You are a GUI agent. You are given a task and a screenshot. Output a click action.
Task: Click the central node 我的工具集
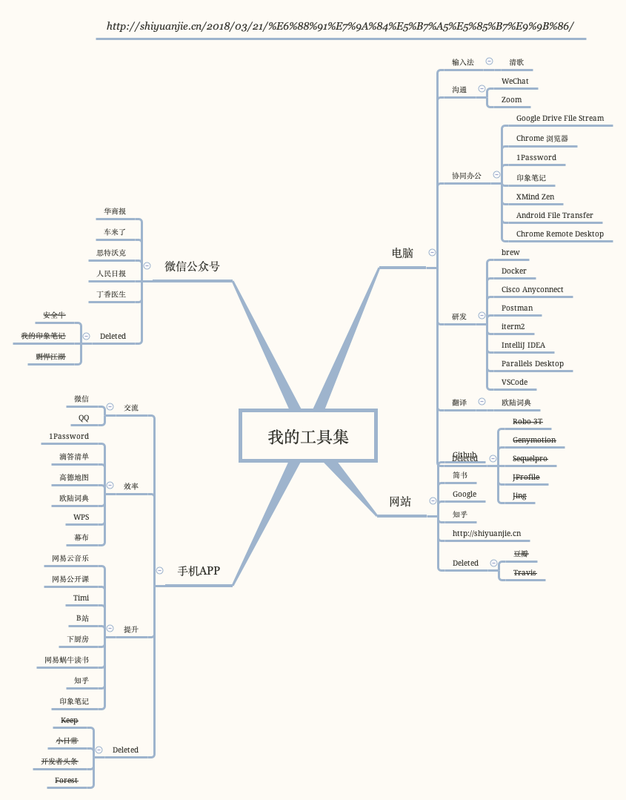pyautogui.click(x=308, y=436)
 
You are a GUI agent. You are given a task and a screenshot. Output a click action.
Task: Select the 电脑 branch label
pyautogui.click(x=402, y=253)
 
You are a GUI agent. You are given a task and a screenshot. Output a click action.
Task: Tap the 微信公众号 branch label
pyautogui.click(x=192, y=266)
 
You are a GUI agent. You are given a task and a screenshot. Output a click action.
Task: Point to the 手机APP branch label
pyautogui.click(x=199, y=571)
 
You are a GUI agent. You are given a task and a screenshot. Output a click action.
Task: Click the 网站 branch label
pyautogui.click(x=400, y=501)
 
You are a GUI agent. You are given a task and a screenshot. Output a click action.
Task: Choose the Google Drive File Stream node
pyautogui.click(x=559, y=118)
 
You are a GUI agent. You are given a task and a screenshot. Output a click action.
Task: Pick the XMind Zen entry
pyautogui.click(x=535, y=196)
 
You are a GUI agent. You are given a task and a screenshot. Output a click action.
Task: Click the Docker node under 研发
pyautogui.click(x=513, y=271)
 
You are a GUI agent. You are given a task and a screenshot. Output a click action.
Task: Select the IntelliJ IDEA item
pyautogui.click(x=523, y=345)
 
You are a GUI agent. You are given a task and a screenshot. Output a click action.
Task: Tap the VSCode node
pyautogui.click(x=514, y=382)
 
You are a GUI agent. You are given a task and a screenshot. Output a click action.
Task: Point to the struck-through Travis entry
pyautogui.click(x=525, y=572)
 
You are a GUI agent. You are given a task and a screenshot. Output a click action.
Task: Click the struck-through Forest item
pyautogui.click(x=66, y=780)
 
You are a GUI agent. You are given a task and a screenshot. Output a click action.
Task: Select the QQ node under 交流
pyautogui.click(x=84, y=417)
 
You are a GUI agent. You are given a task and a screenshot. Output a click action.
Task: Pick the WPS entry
pyautogui.click(x=81, y=517)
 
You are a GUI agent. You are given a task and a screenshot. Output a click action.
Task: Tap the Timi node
pyautogui.click(x=81, y=598)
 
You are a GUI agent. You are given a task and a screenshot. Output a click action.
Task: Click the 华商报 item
pyautogui.click(x=115, y=211)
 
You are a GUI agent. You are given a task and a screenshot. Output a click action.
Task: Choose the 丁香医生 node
pyautogui.click(x=111, y=294)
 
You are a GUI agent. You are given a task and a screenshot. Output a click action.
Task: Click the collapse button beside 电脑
pyautogui.click(x=432, y=252)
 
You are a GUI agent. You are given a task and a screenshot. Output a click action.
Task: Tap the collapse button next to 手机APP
pyautogui.click(x=159, y=570)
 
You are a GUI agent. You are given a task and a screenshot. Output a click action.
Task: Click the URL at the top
pyautogui.click(x=340, y=26)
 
